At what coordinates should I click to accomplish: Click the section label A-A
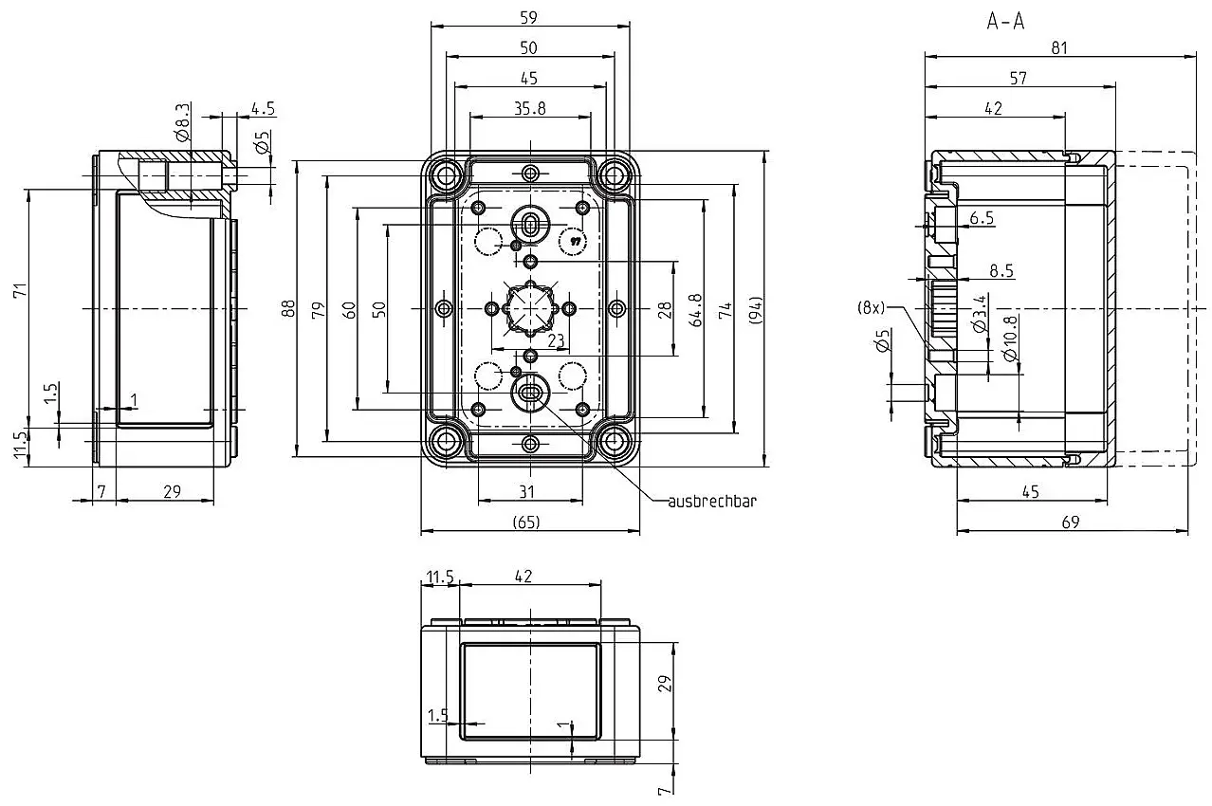(1005, 22)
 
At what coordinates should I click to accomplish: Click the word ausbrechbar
(712, 502)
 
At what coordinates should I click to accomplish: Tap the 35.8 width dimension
(530, 108)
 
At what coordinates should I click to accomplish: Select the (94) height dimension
(755, 309)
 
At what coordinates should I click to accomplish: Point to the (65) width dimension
(526, 522)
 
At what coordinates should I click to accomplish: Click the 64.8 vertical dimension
(695, 310)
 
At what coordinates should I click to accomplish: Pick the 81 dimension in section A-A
(1059, 48)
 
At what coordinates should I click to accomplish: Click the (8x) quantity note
(871, 308)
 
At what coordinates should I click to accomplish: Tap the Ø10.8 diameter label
(1010, 339)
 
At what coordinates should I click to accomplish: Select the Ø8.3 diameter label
(183, 122)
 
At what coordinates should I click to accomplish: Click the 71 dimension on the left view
(20, 290)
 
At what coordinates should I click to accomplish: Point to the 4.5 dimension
(263, 109)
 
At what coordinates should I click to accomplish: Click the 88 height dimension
(288, 308)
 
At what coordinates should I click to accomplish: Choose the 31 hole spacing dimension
(526, 492)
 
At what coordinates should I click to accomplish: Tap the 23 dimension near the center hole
(556, 340)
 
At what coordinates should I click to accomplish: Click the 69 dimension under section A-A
(1071, 522)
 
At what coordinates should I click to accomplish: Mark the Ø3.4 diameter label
(979, 313)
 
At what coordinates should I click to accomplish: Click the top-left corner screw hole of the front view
(447, 175)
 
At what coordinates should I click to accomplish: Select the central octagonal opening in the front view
(530, 308)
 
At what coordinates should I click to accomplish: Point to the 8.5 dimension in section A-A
(1001, 270)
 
